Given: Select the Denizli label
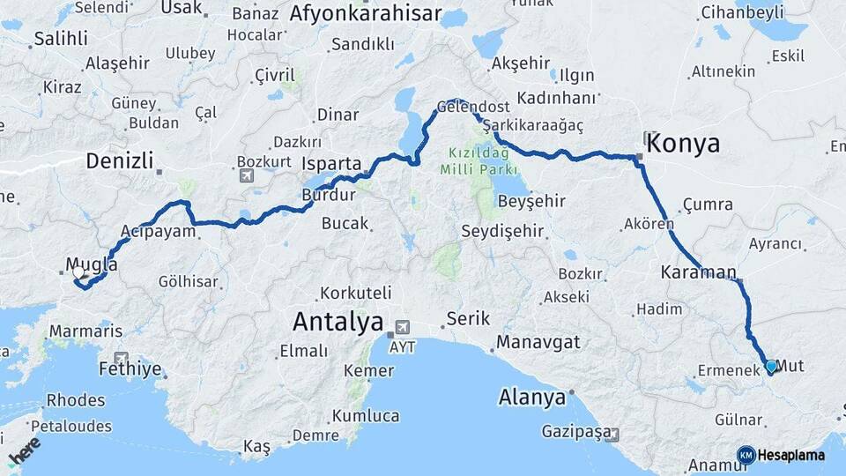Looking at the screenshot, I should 119,161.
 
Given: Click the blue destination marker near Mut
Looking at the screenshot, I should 771,366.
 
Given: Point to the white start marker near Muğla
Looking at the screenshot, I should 78,273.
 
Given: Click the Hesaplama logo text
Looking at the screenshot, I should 790,455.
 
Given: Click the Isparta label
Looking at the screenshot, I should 331,164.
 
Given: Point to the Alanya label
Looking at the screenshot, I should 531,398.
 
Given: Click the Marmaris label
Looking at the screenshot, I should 85,331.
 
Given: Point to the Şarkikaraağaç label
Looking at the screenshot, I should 538,124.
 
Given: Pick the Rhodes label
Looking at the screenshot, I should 76,400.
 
